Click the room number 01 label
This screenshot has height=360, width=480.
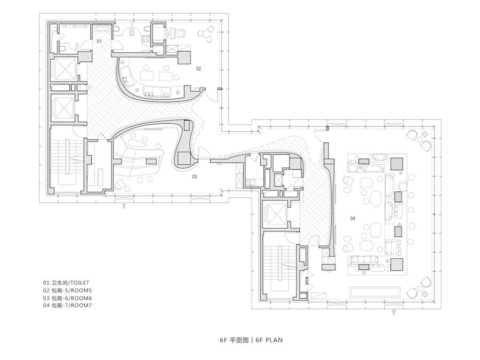99,41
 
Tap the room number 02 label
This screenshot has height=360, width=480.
199,69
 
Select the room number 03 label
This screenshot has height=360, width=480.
194,177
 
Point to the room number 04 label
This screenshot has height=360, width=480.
353,218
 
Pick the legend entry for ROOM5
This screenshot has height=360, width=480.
67,291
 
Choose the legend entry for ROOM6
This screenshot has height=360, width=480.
67,298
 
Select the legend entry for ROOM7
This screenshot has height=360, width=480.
67,306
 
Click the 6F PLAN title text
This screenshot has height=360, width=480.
251,340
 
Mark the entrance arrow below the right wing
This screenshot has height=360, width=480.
394,312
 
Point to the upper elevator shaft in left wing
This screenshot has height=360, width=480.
65,69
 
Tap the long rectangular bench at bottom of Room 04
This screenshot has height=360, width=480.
375,292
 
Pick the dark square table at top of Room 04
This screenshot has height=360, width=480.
397,163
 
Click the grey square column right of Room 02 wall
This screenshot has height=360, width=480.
185,58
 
